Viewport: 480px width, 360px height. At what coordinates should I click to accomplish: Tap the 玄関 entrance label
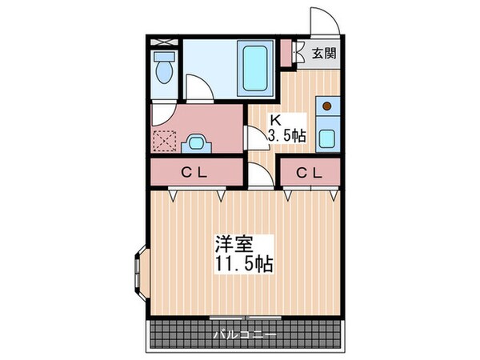pyautogui.click(x=324, y=54)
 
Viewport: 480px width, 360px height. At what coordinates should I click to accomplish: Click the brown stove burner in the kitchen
pyautogui.click(x=326, y=104)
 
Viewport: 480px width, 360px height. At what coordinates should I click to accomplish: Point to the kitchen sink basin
pyautogui.click(x=326, y=138)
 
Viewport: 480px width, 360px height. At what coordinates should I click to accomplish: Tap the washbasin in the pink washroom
pyautogui.click(x=196, y=143)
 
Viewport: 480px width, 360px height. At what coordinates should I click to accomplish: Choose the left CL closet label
pyautogui.click(x=194, y=171)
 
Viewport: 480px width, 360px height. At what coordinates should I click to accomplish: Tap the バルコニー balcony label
pyautogui.click(x=244, y=334)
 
